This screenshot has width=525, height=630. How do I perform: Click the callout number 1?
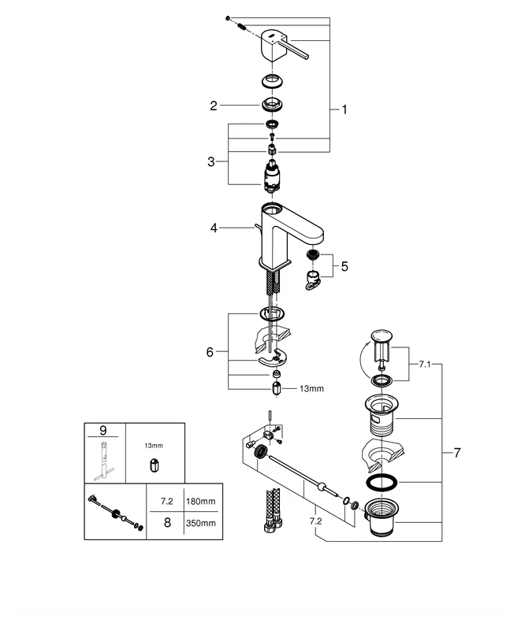pyautogui.click(x=344, y=110)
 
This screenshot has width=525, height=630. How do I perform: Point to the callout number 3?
pyautogui.click(x=211, y=161)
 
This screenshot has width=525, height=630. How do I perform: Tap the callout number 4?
pyautogui.click(x=213, y=228)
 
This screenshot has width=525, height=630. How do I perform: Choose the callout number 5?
pyautogui.click(x=344, y=266)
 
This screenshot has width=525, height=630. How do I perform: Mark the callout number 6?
pyautogui.click(x=210, y=352)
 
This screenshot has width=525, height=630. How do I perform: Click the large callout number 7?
pyautogui.click(x=456, y=453)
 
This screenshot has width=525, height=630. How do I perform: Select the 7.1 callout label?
pyautogui.click(x=423, y=365)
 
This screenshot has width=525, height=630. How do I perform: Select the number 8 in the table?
pyautogui.click(x=166, y=521)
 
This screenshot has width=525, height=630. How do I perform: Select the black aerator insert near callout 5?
pyautogui.click(x=313, y=257)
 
